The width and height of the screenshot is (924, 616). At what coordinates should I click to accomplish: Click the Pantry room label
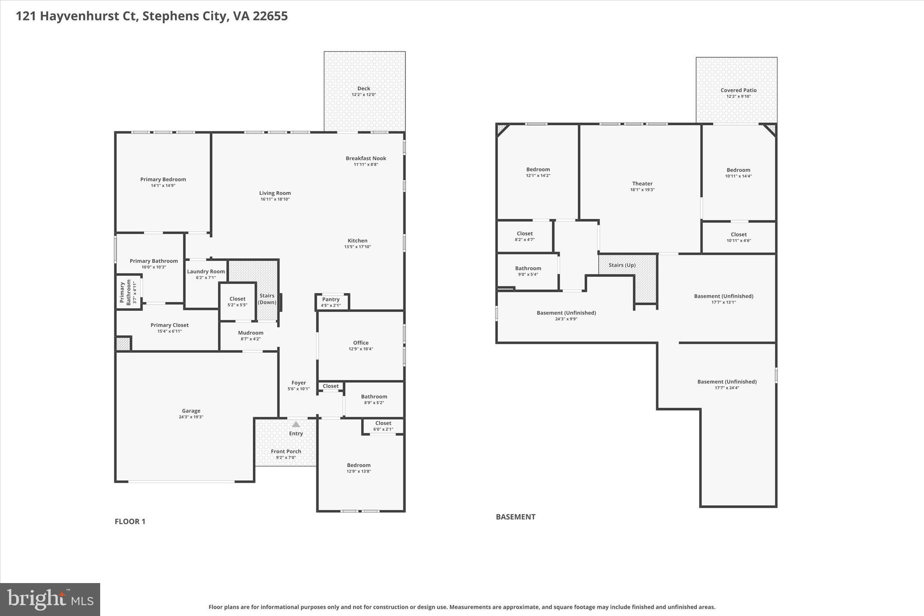click(x=331, y=299)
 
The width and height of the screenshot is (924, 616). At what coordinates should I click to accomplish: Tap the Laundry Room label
click(x=206, y=271)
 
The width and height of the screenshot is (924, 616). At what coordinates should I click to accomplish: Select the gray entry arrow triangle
click(x=296, y=424)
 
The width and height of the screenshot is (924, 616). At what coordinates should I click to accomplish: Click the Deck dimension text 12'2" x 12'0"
click(x=364, y=95)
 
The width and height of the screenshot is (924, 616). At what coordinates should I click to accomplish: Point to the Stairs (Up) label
click(x=622, y=265)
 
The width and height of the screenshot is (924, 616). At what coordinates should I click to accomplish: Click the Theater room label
click(x=642, y=183)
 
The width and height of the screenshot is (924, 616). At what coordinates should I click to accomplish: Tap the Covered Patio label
click(x=738, y=90)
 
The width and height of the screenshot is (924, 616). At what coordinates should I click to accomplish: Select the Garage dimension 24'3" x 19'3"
click(x=191, y=417)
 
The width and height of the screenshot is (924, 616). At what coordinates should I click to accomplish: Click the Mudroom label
click(x=250, y=333)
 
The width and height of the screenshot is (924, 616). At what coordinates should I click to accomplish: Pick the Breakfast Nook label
click(x=366, y=158)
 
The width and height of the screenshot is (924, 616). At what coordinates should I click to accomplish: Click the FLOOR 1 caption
click(x=130, y=521)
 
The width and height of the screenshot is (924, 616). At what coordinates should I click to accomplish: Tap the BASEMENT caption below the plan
click(x=515, y=517)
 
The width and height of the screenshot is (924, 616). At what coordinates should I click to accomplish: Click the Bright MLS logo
click(x=50, y=599)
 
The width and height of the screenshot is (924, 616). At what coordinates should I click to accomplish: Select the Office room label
click(x=360, y=343)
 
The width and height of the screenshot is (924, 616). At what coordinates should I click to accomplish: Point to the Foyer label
click(x=298, y=383)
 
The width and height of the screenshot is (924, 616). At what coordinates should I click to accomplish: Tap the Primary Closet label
click(x=170, y=325)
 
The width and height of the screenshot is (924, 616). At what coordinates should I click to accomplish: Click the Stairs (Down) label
click(x=267, y=299)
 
